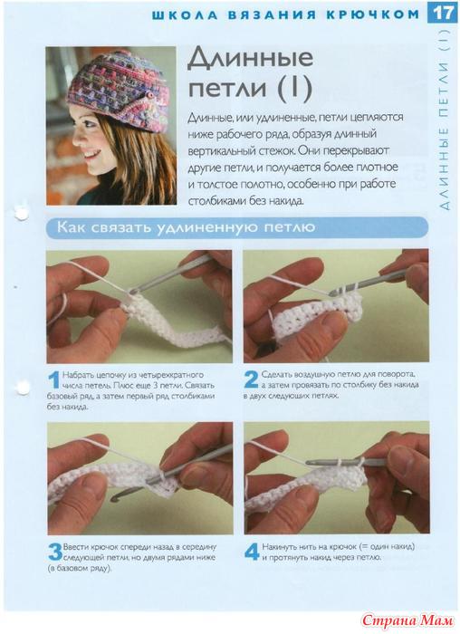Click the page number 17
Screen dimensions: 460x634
pyautogui.click(x=444, y=13)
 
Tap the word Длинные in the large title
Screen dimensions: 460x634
pyautogui.click(x=250, y=58)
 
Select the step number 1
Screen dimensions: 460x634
pyautogui.click(x=53, y=381)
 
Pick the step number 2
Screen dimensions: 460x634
pyautogui.click(x=251, y=380)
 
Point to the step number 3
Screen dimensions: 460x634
pyautogui.click(x=55, y=552)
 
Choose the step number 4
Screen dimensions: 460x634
pyautogui.click(x=252, y=552)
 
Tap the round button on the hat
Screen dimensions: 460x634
pyautogui.click(x=150, y=94)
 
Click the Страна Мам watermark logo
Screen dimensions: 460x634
pyautogui.click(x=407, y=620)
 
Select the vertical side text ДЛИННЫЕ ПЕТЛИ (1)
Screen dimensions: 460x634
pyautogui.click(x=444, y=120)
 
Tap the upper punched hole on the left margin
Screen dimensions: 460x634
pyautogui.click(x=21, y=213)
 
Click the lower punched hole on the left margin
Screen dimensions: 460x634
pyautogui.click(x=23, y=387)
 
